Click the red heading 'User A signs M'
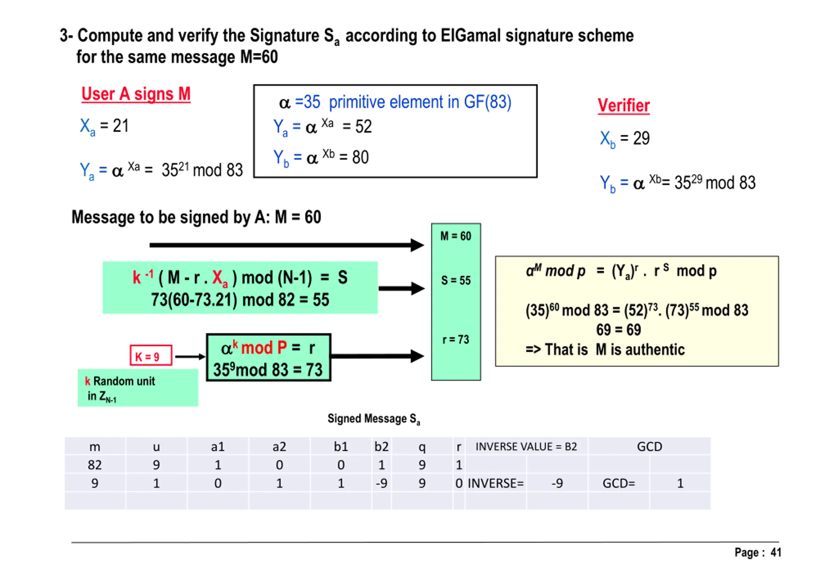point(136,94)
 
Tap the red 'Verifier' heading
point(623,105)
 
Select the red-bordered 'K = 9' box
point(151,355)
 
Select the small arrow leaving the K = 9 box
point(190,356)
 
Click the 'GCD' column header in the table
point(649,446)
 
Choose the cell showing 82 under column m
point(95,464)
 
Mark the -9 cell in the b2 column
point(381,483)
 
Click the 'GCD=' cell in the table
point(618,483)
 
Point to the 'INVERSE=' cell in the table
point(495,483)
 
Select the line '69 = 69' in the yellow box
point(618,330)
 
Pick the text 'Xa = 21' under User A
point(104,126)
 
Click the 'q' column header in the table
point(422,446)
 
